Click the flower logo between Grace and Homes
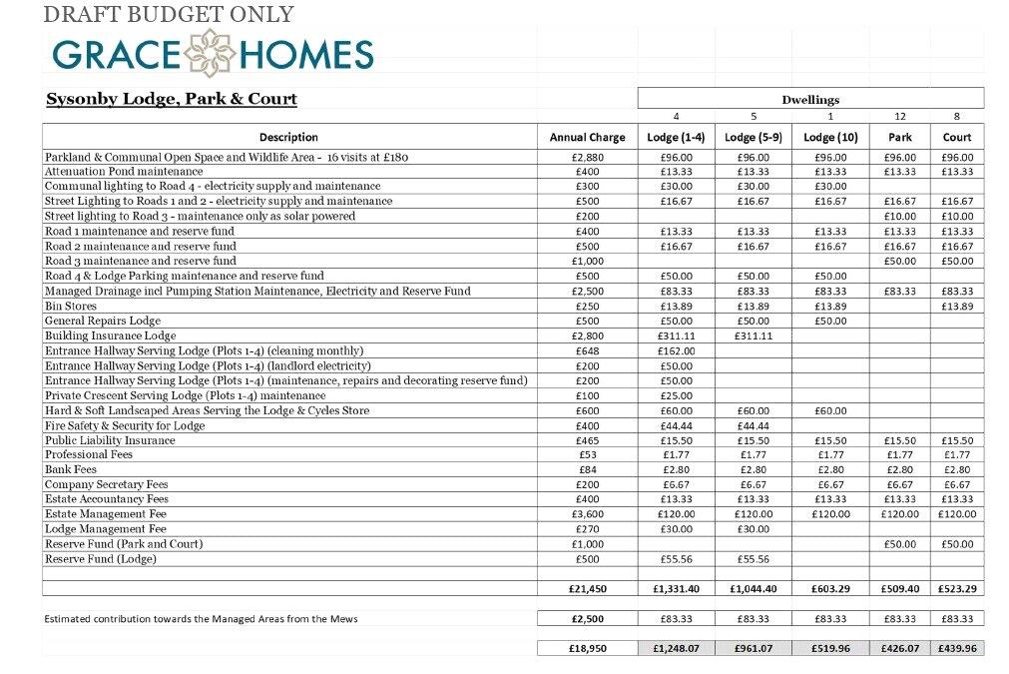click(x=212, y=53)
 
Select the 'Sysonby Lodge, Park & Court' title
click(x=172, y=99)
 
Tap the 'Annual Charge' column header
click(x=587, y=137)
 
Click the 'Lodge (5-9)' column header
click(x=754, y=137)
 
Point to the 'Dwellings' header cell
click(x=810, y=99)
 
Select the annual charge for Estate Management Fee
click(x=587, y=514)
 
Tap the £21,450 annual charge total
click(x=587, y=589)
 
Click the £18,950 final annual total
click(x=587, y=648)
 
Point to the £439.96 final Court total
click(x=957, y=648)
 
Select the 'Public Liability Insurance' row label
click(x=110, y=440)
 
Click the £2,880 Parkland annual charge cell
click(x=587, y=157)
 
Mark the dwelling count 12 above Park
click(x=900, y=116)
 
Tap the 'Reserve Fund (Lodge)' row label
click(x=100, y=559)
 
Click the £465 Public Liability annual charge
click(x=587, y=440)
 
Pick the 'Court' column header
click(x=957, y=137)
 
